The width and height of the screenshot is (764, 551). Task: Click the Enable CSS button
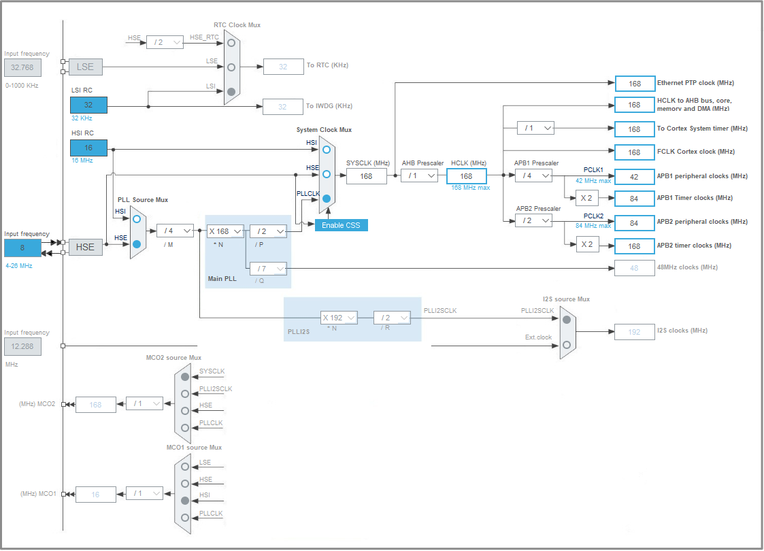pyautogui.click(x=341, y=225)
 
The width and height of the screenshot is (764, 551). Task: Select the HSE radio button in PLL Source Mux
pyautogui.click(x=137, y=244)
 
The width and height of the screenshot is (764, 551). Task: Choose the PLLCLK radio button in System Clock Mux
pyautogui.click(x=327, y=199)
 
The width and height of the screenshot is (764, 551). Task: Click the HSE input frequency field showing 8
pyautogui.click(x=22, y=248)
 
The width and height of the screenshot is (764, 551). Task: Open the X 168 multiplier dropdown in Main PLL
pyautogui.click(x=225, y=231)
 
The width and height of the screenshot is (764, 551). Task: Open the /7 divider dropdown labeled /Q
pyautogui.click(x=268, y=269)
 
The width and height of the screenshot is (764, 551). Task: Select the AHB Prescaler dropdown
pyautogui.click(x=419, y=176)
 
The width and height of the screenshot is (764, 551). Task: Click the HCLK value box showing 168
pyautogui.click(x=466, y=176)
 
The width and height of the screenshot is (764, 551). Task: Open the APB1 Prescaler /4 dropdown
pyautogui.click(x=533, y=176)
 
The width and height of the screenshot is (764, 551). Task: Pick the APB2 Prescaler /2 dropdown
pyautogui.click(x=533, y=221)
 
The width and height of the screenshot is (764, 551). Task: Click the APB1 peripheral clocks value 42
pyautogui.click(x=634, y=176)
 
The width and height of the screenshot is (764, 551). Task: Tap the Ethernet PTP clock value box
pyautogui.click(x=634, y=84)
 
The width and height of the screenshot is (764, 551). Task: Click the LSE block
pyautogui.click(x=85, y=67)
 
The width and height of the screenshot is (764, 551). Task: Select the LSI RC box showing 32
pyautogui.click(x=88, y=105)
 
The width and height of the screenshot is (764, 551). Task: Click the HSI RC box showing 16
pyautogui.click(x=88, y=148)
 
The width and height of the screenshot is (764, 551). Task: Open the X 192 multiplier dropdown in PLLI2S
pyautogui.click(x=339, y=318)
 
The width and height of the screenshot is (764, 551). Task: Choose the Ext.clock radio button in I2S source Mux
pyautogui.click(x=567, y=345)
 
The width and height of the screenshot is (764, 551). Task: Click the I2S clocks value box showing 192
pyautogui.click(x=634, y=332)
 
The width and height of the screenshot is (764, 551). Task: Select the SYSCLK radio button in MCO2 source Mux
pyautogui.click(x=184, y=376)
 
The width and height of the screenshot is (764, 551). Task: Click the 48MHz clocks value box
pyautogui.click(x=634, y=268)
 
